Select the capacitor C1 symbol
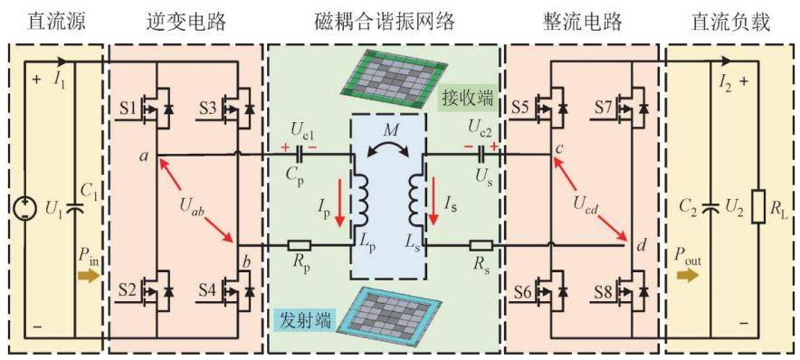pos(74,209)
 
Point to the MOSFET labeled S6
pos(553,290)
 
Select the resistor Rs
pos(481,245)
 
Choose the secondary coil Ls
pos(415,200)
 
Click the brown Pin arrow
pos(89,276)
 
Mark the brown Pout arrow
pos(687,276)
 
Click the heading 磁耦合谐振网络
pos(384,22)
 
